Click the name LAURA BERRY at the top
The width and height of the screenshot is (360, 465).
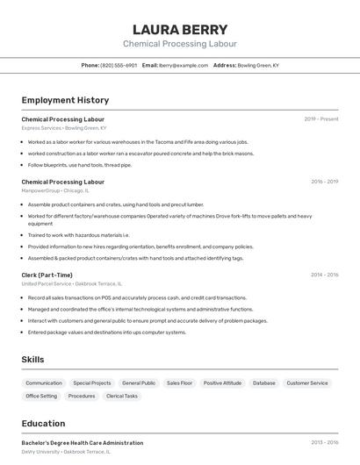(179, 29)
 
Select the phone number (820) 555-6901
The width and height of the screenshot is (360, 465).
(119, 65)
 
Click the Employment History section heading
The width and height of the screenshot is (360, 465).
(65, 100)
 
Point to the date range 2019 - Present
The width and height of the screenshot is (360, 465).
(321, 118)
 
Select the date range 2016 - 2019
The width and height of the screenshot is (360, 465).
(324, 182)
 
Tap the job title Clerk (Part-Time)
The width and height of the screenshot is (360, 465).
(47, 275)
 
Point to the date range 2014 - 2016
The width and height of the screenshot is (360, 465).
(324, 275)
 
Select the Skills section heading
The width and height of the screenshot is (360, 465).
(32, 359)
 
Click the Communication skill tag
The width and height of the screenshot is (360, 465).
(44, 383)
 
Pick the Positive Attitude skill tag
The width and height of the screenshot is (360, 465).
(222, 383)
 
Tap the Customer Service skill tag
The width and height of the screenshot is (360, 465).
(307, 383)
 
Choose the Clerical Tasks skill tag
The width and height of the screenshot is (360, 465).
(122, 396)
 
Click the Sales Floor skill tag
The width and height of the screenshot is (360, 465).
(179, 383)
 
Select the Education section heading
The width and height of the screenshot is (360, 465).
(43, 423)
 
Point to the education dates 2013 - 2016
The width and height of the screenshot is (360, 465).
(324, 442)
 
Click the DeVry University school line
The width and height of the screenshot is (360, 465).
(40, 452)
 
